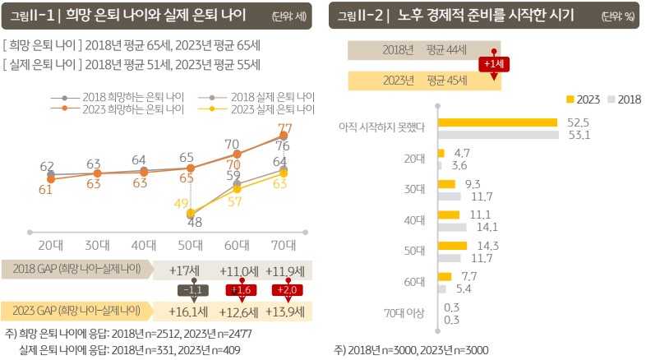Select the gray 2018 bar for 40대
pyautogui.click(x=452, y=227)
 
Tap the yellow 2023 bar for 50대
pyautogui.click(x=452, y=246)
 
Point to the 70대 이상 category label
pyautogui.click(x=404, y=313)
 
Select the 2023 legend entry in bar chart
pyautogui.click(x=583, y=99)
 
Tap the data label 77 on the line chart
pyautogui.click(x=284, y=128)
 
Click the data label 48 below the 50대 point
pyautogui.click(x=195, y=222)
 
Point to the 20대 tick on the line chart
pyautogui.click(x=51, y=244)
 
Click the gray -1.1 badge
pyautogui.click(x=191, y=290)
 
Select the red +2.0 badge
pyautogui.click(x=285, y=290)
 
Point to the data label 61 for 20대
pyautogui.click(x=47, y=189)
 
